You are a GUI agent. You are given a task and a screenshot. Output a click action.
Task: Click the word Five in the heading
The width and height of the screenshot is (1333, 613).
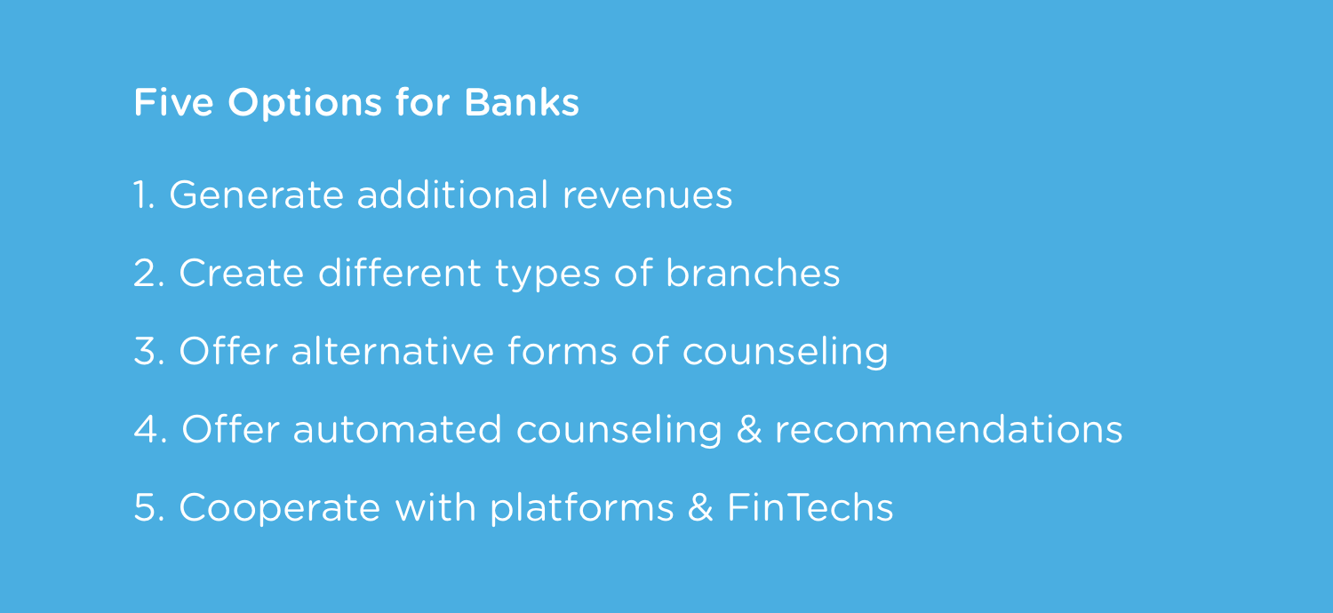(174, 102)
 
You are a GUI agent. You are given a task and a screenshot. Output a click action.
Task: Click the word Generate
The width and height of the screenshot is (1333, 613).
(257, 195)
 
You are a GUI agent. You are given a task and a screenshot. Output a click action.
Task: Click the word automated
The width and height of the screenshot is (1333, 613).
(397, 429)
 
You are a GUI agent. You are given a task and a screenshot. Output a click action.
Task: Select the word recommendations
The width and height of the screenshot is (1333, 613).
(948, 429)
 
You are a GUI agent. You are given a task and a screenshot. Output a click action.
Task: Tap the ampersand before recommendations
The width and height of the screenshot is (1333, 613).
(749, 429)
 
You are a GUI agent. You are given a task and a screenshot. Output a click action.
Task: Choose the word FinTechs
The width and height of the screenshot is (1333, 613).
(810, 506)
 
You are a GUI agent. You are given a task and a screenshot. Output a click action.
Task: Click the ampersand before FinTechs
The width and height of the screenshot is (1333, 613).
(700, 507)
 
